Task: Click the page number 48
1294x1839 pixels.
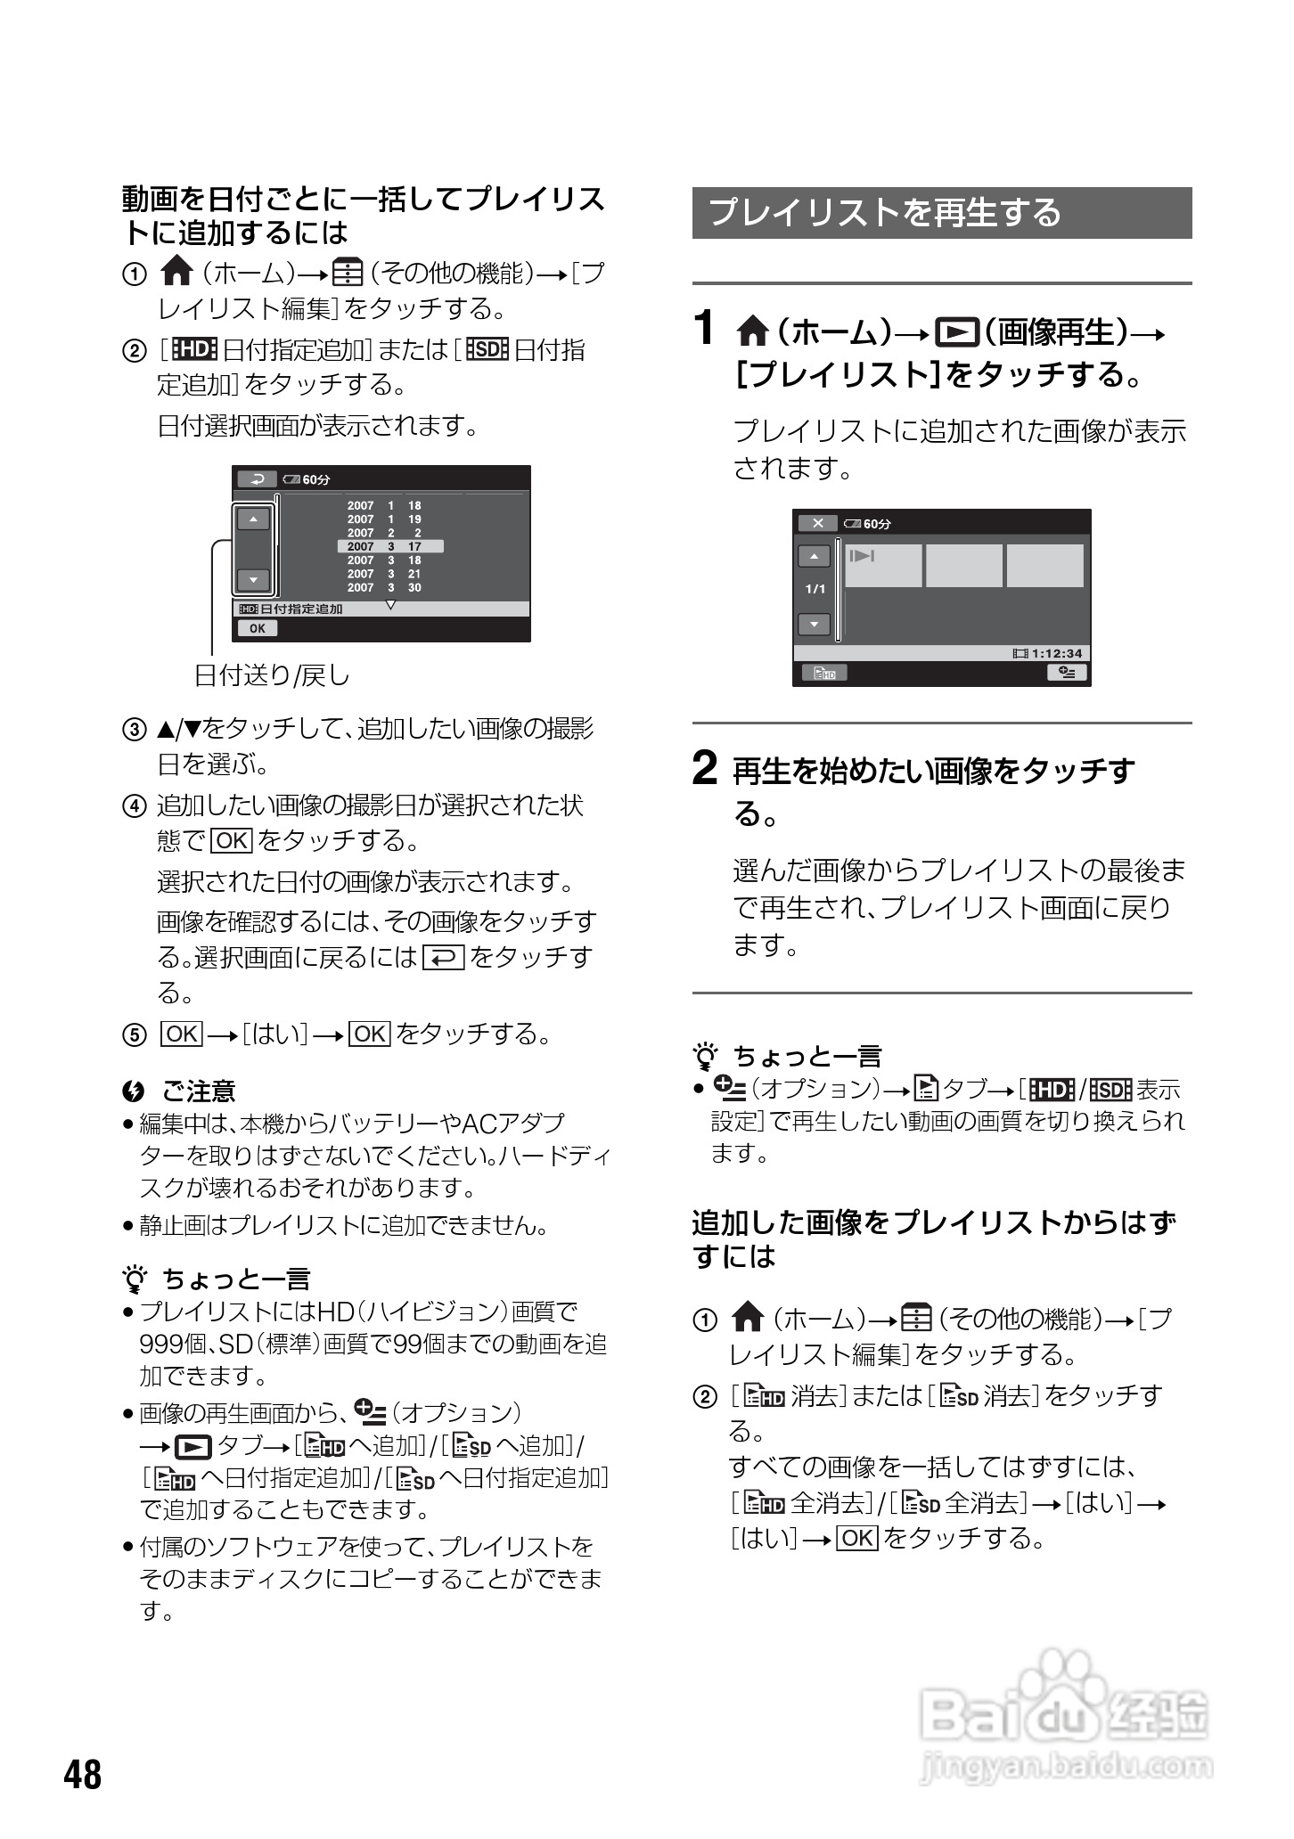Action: point(83,1774)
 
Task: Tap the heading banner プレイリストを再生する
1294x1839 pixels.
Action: point(941,213)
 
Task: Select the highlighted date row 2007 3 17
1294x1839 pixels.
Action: point(389,546)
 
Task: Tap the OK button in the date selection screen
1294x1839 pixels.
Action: point(258,628)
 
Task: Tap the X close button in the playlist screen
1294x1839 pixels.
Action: point(817,523)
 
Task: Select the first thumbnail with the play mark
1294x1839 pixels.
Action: point(883,565)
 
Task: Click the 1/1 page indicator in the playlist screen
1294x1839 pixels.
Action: point(815,589)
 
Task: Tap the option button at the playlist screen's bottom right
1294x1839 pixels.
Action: point(1067,673)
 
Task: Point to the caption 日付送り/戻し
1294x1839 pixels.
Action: point(273,676)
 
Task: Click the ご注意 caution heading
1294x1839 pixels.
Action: point(198,1091)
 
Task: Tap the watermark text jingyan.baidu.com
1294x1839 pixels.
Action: point(1065,1765)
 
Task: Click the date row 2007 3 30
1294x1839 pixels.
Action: point(384,588)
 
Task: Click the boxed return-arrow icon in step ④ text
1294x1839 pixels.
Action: point(444,958)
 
